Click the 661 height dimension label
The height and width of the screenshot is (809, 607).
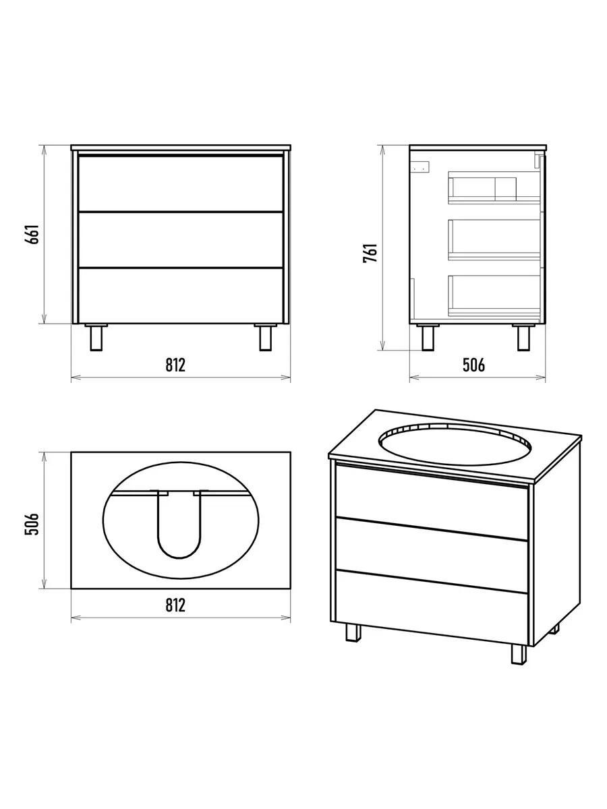32,234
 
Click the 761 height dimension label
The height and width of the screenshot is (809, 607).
370,252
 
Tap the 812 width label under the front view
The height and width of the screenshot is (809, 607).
175,365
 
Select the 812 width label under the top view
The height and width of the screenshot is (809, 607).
175,605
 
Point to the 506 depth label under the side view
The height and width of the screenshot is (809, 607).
474,365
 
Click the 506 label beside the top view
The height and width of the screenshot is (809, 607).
32,524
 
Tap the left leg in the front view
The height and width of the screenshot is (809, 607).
96,337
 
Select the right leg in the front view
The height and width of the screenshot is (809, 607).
265,337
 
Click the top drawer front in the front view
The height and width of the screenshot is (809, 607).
181,183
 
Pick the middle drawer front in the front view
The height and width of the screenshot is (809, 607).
181,239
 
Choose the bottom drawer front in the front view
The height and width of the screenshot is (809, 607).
181,295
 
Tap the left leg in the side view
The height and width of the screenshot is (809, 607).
428,337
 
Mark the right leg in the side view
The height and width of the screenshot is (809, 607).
523,337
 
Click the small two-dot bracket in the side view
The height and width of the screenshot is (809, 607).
421,167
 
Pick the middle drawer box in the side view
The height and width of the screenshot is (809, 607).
494,239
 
